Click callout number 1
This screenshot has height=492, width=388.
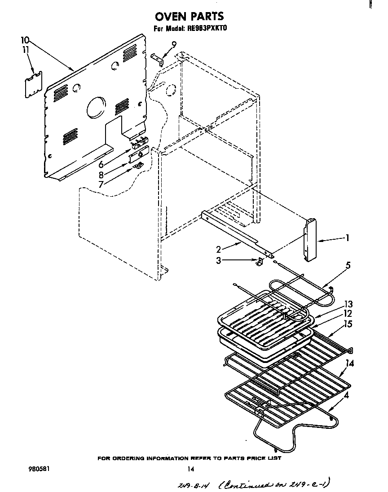point(347,238)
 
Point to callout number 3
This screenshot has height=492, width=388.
point(219,260)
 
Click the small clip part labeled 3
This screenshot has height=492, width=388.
point(259,262)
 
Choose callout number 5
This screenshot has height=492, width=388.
point(348,265)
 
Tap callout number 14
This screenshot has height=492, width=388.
point(350,364)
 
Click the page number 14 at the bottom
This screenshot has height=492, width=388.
point(190,470)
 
